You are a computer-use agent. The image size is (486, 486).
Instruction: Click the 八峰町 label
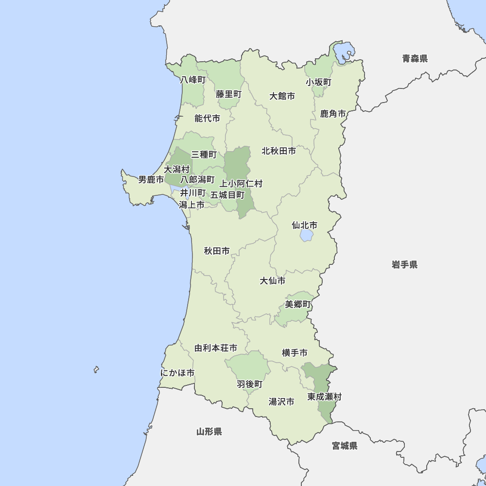point(193,80)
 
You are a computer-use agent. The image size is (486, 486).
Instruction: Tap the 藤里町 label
point(228,94)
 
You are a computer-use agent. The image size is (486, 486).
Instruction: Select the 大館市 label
point(282,96)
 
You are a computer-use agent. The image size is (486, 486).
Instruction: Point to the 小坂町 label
point(318,82)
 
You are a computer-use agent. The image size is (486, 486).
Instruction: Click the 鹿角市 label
point(333,114)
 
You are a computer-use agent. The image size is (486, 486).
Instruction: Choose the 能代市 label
point(207,118)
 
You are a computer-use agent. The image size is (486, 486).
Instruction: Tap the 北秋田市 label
point(278,151)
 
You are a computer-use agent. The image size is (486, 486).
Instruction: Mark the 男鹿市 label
point(151,180)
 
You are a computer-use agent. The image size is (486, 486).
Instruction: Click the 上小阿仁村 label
point(241,184)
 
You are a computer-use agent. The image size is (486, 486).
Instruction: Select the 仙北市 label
point(304,226)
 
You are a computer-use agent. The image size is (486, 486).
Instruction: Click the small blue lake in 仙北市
point(306,236)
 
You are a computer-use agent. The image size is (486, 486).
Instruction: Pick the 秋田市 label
point(217,251)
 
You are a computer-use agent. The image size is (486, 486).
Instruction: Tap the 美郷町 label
point(297,305)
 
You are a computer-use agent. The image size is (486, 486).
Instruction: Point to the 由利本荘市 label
point(216,348)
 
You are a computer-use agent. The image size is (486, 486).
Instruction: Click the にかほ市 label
point(177,373)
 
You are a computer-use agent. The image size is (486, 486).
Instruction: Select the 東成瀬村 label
point(324,397)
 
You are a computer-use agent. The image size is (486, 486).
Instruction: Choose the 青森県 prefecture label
point(415,59)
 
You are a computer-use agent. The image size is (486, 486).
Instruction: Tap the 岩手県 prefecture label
point(404,265)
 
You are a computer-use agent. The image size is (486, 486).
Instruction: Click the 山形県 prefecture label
point(209,432)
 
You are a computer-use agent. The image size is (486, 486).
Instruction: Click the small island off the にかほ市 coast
point(96,370)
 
